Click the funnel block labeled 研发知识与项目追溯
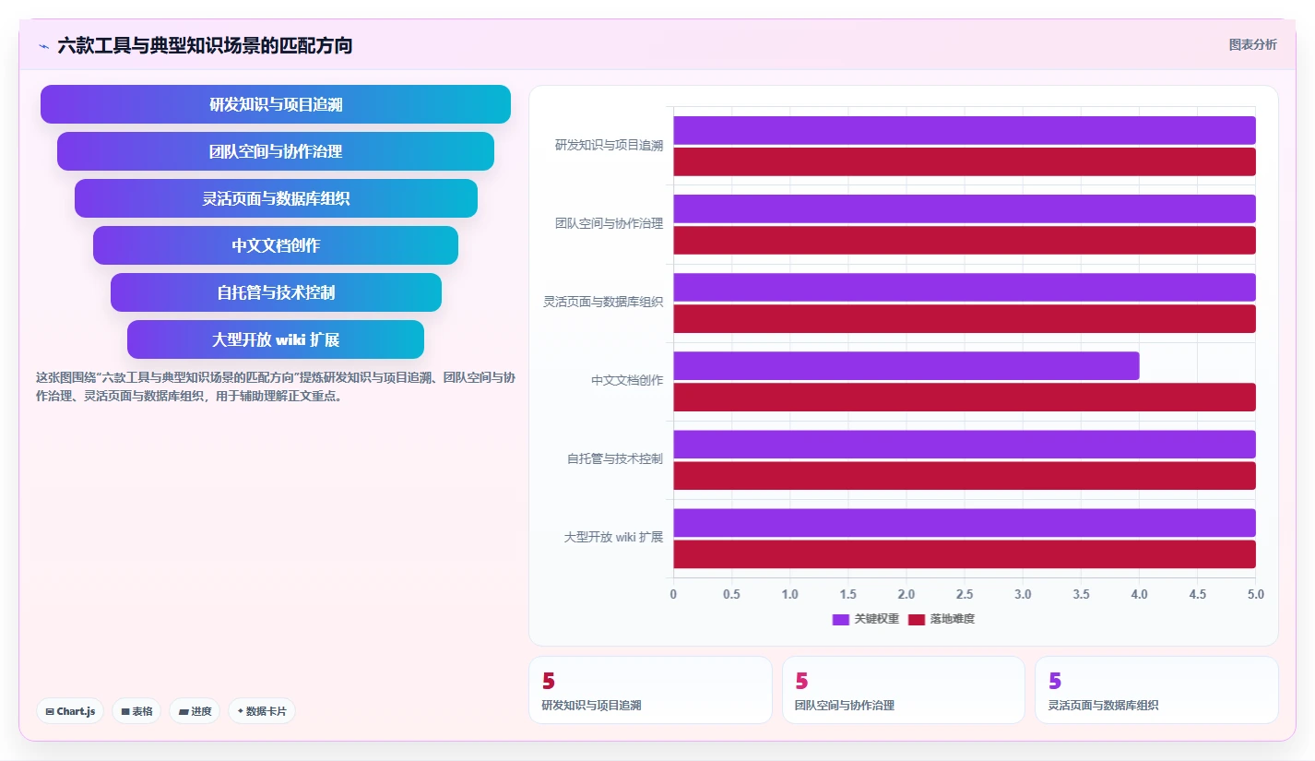coord(276,104)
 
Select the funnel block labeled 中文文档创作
coord(276,244)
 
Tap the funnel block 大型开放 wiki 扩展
coord(276,339)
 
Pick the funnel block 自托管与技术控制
coord(276,291)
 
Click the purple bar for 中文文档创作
coord(906,366)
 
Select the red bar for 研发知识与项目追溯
coord(964,161)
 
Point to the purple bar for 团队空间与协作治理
coord(964,209)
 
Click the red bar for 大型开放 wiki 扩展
coord(964,553)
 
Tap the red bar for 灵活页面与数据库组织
coord(964,318)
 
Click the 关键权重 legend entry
coord(865,619)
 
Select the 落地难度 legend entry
coord(941,619)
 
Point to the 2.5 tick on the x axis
coord(964,594)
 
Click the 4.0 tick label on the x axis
coord(1139,594)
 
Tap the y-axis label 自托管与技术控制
coord(615,458)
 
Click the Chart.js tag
coord(70,711)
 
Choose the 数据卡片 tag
coord(261,711)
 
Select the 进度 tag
coord(195,711)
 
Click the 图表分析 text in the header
coord(1253,44)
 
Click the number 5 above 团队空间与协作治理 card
coord(801,681)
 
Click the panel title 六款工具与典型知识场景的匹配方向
coord(205,45)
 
